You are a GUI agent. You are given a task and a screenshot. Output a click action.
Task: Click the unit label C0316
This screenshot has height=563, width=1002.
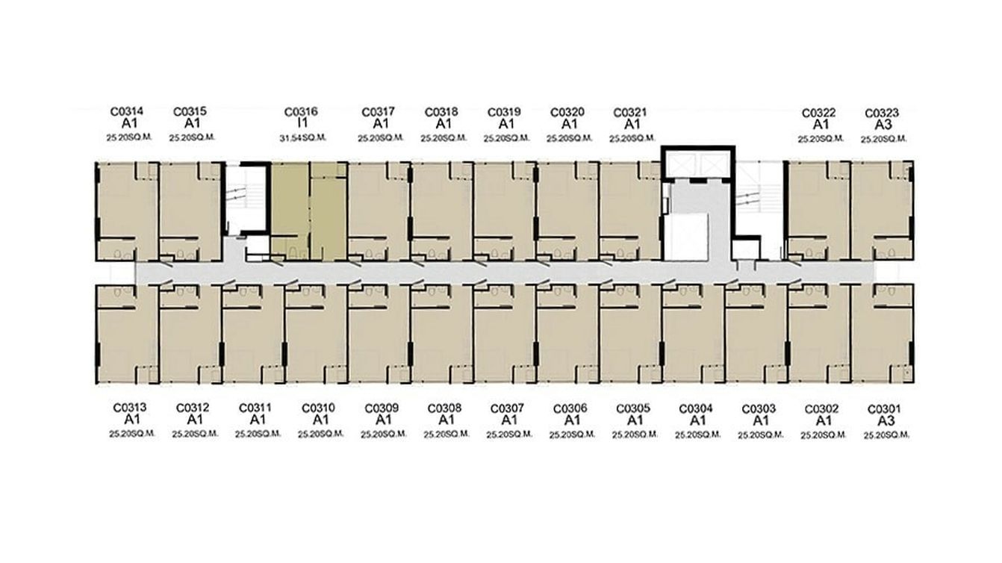click(x=301, y=112)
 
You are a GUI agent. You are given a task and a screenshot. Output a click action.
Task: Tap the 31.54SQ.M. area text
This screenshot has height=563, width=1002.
click(x=303, y=138)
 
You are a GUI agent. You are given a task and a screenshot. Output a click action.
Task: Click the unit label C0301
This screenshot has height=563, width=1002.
click(x=884, y=409)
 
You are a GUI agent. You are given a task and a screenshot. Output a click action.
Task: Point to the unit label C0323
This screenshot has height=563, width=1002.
click(x=882, y=113)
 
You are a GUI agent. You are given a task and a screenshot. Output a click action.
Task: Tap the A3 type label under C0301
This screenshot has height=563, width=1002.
click(x=886, y=421)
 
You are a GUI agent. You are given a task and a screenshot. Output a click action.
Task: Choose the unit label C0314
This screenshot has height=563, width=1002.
click(x=127, y=111)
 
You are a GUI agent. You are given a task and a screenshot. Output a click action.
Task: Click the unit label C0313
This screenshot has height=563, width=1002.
click(x=130, y=408)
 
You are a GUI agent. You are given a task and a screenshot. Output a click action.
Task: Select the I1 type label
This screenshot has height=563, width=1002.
click(x=303, y=123)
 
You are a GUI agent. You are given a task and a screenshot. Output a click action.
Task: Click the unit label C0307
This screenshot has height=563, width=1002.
click(x=507, y=408)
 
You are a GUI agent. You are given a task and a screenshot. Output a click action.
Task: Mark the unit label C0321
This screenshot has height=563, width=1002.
click(x=630, y=112)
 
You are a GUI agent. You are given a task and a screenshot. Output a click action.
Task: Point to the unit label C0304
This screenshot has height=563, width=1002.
click(x=696, y=408)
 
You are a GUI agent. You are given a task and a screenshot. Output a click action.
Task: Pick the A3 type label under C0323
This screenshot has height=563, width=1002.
click(x=883, y=125)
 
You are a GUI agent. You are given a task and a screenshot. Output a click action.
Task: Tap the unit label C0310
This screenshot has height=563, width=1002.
click(x=318, y=408)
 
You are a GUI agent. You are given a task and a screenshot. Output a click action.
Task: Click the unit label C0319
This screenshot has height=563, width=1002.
click(x=504, y=112)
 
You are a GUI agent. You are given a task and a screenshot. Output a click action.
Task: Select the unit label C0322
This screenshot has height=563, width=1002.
click(x=818, y=113)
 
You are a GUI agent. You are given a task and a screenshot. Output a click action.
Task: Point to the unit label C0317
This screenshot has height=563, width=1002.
click(x=379, y=112)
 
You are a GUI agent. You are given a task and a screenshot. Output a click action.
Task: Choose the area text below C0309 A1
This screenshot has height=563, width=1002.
click(x=384, y=435)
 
